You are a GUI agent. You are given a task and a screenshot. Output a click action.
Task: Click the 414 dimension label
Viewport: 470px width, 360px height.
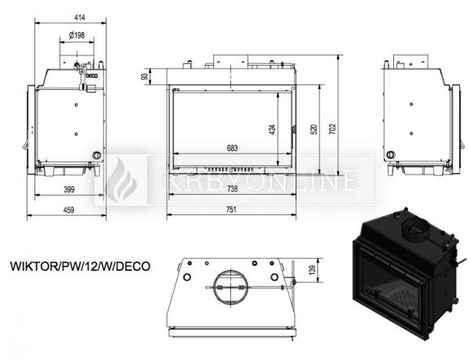pos(79,18)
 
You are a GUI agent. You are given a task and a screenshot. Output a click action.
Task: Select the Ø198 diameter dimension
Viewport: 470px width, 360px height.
pos(77,35)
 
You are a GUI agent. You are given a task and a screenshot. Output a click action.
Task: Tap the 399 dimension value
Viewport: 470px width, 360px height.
pos(69,189)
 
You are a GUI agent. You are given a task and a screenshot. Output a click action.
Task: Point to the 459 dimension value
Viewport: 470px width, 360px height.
pos(69,210)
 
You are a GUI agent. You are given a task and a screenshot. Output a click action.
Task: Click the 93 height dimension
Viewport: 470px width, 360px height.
pos(144,77)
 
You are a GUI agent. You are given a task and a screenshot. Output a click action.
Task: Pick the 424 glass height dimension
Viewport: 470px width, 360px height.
pos(273,129)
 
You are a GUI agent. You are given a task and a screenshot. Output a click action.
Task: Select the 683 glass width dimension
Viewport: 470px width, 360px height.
pos(233,148)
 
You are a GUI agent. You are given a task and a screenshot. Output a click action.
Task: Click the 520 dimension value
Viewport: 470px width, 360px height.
pos(314,129)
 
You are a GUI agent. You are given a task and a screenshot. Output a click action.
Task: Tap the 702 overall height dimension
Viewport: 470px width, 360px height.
pos(333,129)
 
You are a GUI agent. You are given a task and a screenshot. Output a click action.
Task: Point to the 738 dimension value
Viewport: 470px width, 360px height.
pos(233,189)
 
